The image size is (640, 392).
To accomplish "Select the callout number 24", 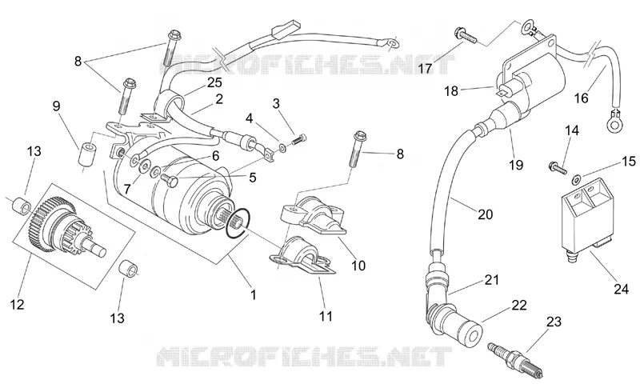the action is point(622,289).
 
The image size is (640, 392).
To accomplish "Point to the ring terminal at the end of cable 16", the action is point(615,121).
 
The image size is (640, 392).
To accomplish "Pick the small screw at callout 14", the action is point(557,167).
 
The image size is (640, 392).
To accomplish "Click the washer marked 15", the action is point(578,178).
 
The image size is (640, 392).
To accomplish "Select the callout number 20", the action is point(485,214).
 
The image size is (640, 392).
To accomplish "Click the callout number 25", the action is point(214,82).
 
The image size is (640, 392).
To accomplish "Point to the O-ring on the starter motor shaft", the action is point(237,223).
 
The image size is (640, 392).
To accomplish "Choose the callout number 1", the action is point(253,294).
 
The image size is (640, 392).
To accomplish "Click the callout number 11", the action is point(326,316).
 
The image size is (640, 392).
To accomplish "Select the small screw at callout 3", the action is point(299,138).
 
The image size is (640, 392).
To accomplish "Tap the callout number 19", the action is point(516,165).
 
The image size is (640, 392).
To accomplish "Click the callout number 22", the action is point(519,305).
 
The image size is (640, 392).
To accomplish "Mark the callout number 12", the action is point(17,304).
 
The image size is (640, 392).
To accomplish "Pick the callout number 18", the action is point(451,90).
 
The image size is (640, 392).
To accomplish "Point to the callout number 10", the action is point(358,266).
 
